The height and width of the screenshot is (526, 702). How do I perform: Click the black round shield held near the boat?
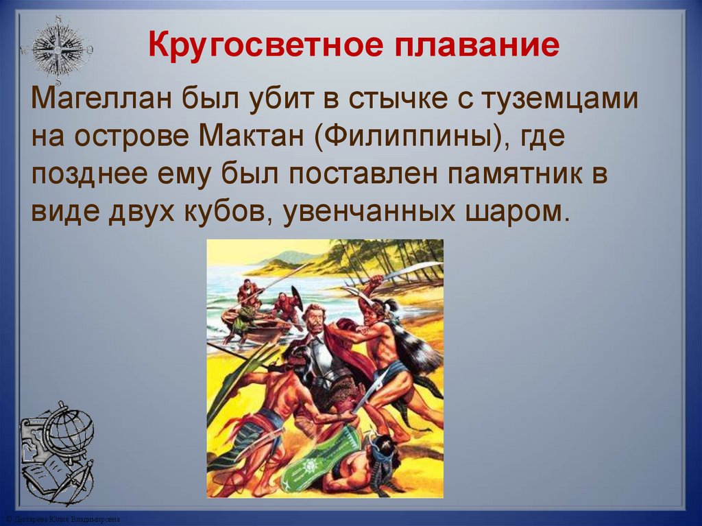[x=296, y=298]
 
